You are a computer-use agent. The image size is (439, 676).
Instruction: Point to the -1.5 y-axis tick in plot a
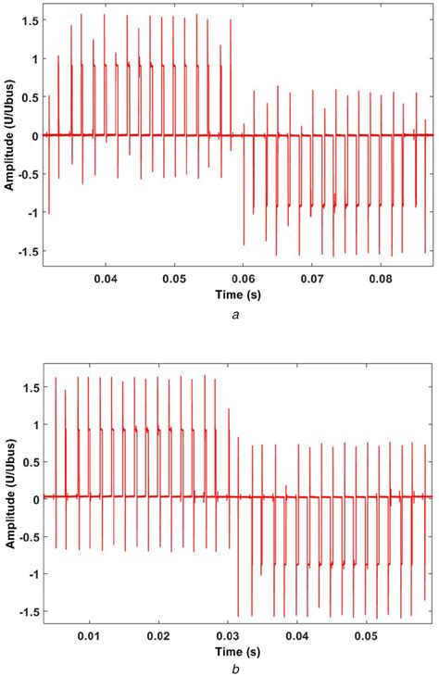click(25, 250)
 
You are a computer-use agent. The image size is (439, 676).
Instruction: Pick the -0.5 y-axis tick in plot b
click(25, 537)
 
